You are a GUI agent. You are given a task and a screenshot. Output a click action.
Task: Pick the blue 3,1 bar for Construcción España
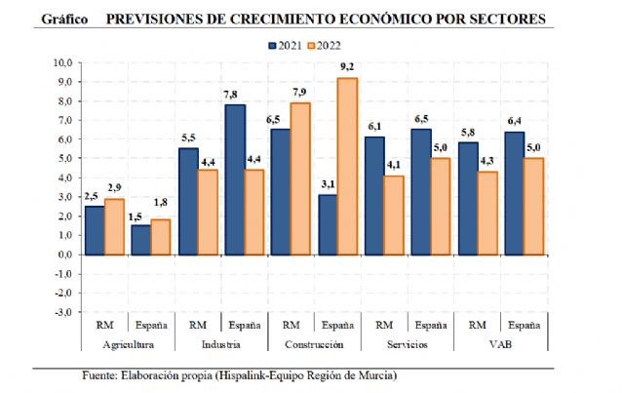click(x=329, y=224)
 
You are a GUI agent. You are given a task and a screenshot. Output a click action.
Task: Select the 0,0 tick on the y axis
click(x=64, y=255)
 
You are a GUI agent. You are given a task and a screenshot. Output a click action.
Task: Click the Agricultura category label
click(x=127, y=344)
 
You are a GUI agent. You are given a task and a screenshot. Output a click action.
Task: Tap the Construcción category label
click(x=314, y=344)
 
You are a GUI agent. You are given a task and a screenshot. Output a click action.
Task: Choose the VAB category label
click(x=501, y=344)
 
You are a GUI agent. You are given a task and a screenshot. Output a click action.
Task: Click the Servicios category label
click(x=408, y=344)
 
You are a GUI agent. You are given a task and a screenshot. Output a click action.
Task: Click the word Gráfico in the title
click(x=67, y=19)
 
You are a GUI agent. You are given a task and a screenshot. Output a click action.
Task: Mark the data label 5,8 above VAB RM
click(x=468, y=133)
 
